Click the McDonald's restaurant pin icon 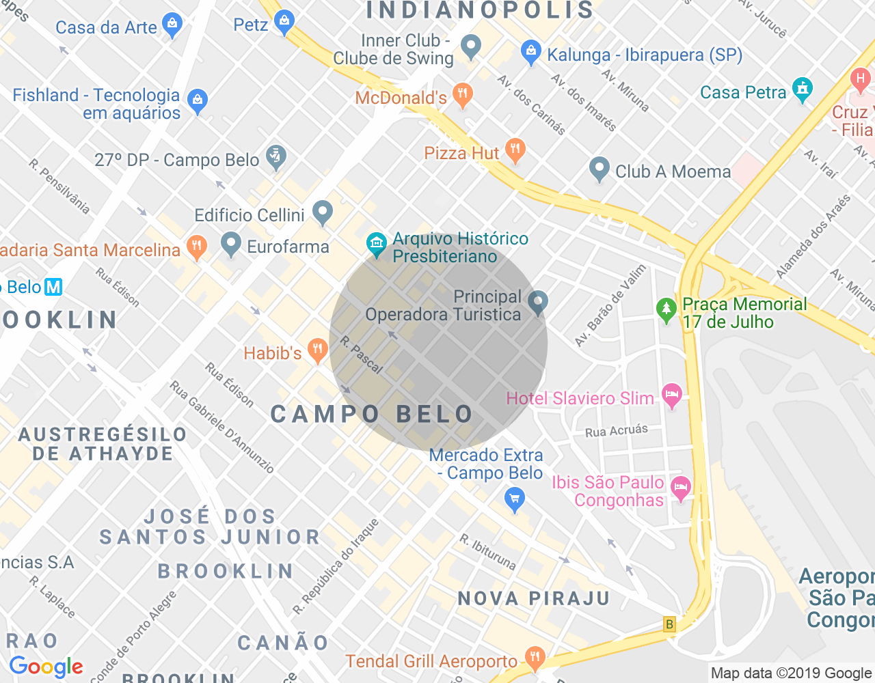463,95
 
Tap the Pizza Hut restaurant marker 515,150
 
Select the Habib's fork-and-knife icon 317,351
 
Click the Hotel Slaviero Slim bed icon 672,395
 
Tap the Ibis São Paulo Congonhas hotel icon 680,488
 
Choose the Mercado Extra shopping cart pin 514,499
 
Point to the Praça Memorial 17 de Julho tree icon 666,310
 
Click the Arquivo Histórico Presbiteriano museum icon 376,245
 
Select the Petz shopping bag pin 284,22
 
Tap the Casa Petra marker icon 802,89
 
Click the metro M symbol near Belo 53,287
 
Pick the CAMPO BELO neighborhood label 372,414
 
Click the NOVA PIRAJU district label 533,599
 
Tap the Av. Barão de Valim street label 610,306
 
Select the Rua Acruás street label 616,430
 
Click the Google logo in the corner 46,667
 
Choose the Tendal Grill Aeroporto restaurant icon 535,658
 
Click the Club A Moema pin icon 600,169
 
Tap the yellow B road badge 669,624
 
